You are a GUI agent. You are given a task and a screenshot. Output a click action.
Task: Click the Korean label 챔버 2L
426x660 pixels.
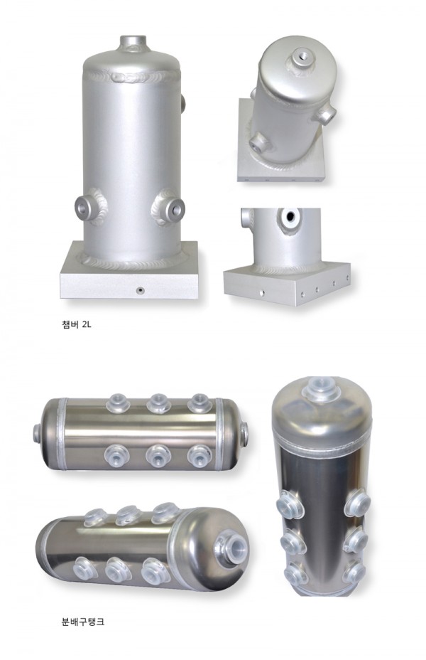tap(76, 325)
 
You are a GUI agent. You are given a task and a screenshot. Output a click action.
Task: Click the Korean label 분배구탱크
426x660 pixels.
tap(83, 622)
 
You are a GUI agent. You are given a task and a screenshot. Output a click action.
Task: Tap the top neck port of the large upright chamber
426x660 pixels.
tap(133, 43)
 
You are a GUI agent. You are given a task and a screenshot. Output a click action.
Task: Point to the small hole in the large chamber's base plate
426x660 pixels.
tap(141, 290)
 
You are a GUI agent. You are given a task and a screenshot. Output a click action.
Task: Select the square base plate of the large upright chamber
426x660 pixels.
tap(129, 272)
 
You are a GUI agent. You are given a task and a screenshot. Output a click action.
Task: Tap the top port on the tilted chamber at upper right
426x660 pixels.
tap(302, 58)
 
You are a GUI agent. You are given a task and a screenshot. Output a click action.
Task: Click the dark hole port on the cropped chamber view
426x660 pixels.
tap(290, 217)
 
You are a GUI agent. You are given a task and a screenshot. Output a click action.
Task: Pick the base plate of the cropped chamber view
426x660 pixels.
tap(287, 283)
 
